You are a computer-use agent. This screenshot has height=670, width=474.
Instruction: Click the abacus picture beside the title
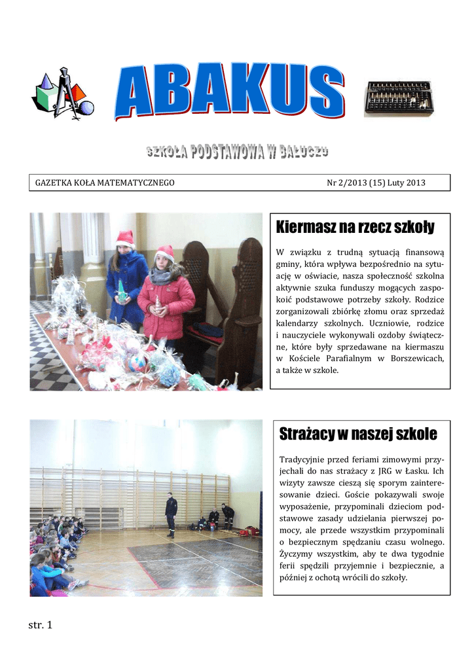pyautogui.click(x=398, y=98)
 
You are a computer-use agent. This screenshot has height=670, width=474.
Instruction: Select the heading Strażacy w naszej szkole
pyautogui.click(x=358, y=433)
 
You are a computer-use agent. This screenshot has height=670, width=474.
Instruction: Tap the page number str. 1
pyautogui.click(x=40, y=625)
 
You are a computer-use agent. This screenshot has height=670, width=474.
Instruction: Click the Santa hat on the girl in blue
pyautogui.click(x=125, y=239)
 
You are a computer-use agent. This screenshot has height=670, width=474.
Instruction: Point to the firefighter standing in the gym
pyautogui.click(x=171, y=514)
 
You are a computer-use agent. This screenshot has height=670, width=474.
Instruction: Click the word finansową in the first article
pyautogui.click(x=422, y=253)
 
